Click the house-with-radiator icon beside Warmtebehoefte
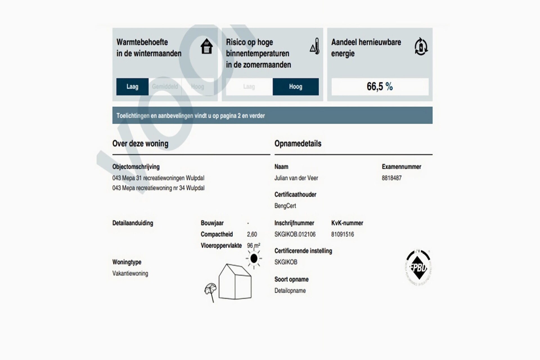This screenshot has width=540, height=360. point(206,46)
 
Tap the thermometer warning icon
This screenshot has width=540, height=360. point(315,46)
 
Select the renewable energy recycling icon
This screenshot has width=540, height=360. point(421,46)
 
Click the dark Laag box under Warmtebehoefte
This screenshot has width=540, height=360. point(132,87)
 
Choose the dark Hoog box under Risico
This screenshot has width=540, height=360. point(296,87)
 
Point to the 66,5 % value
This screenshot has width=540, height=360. point(380,87)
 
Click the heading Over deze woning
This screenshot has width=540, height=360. point(140,143)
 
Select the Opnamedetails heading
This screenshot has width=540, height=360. point(298,143)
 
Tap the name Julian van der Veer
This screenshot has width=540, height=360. point(296,178)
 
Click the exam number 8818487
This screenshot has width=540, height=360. point(391,178)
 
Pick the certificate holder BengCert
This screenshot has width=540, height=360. point(285,206)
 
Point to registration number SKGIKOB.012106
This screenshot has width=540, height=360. point(295,234)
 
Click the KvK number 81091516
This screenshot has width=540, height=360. point(343,234)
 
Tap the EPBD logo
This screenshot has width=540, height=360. point(418,267)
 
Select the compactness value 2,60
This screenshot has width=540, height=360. point(252,234)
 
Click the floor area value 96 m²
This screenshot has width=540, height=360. point(253,246)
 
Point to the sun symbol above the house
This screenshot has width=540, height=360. point(254,258)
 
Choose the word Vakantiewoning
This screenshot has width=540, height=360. point(130,273)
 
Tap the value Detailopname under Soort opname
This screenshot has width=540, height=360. point(290,291)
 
